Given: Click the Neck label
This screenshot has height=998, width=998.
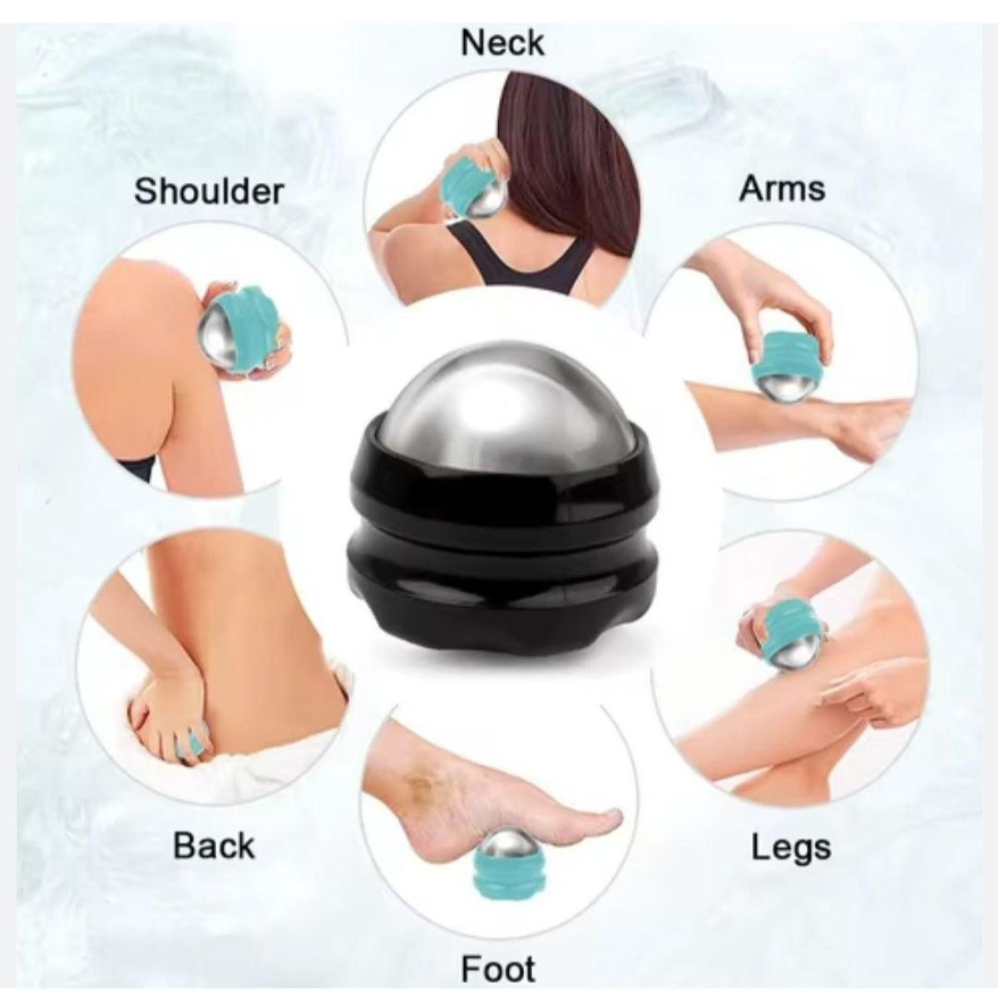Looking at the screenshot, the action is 501,43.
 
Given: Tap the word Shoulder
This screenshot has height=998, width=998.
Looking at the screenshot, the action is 209,191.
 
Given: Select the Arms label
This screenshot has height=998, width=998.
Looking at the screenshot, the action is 782,189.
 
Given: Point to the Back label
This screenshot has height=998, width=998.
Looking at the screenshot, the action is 214,846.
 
